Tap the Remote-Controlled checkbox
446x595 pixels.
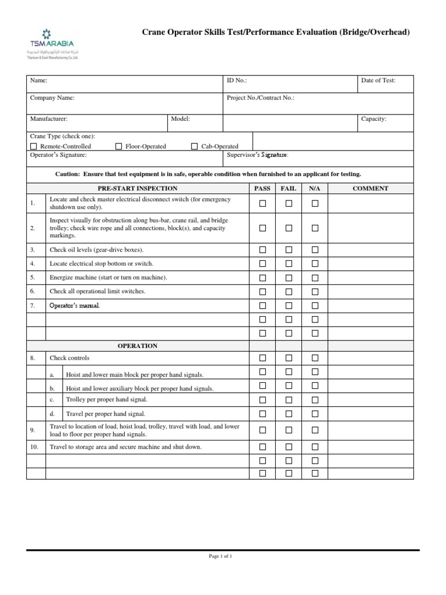(x=33, y=146)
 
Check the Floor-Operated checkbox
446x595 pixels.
(x=118, y=146)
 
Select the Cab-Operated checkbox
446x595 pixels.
(x=195, y=146)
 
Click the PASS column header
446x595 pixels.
(x=262, y=188)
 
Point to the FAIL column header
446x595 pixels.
(x=289, y=188)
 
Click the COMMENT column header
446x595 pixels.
(x=370, y=188)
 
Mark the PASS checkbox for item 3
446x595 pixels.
(x=262, y=249)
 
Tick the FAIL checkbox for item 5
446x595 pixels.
(x=289, y=277)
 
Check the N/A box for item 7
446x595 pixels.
(x=315, y=305)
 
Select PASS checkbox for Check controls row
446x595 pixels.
(x=262, y=358)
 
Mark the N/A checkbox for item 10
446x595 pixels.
(x=315, y=447)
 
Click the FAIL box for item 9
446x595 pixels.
(x=289, y=430)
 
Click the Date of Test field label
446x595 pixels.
(x=378, y=81)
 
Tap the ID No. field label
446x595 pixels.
(x=238, y=81)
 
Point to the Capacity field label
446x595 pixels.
(x=373, y=119)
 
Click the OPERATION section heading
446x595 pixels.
(x=138, y=346)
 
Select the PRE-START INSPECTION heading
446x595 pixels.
(x=138, y=188)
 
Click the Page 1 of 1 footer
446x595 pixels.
(x=220, y=556)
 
